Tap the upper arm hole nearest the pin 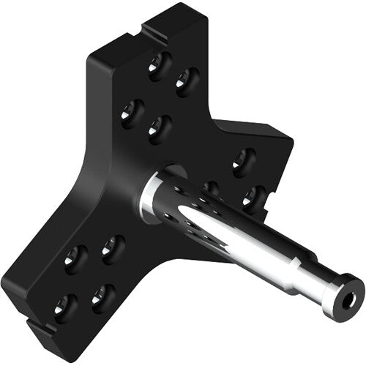[x=160, y=128]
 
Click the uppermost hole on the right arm [x=243, y=162]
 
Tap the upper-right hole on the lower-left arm [x=112, y=248]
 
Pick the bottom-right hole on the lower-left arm [x=102, y=297]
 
